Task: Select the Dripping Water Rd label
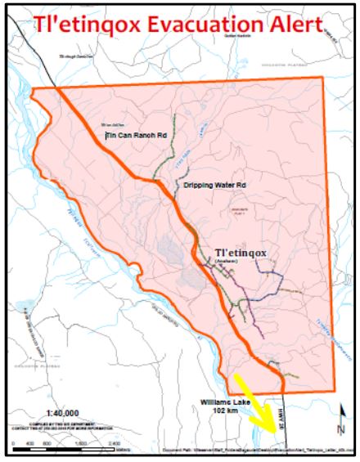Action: tap(215, 186)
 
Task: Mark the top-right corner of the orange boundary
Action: tap(324, 77)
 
